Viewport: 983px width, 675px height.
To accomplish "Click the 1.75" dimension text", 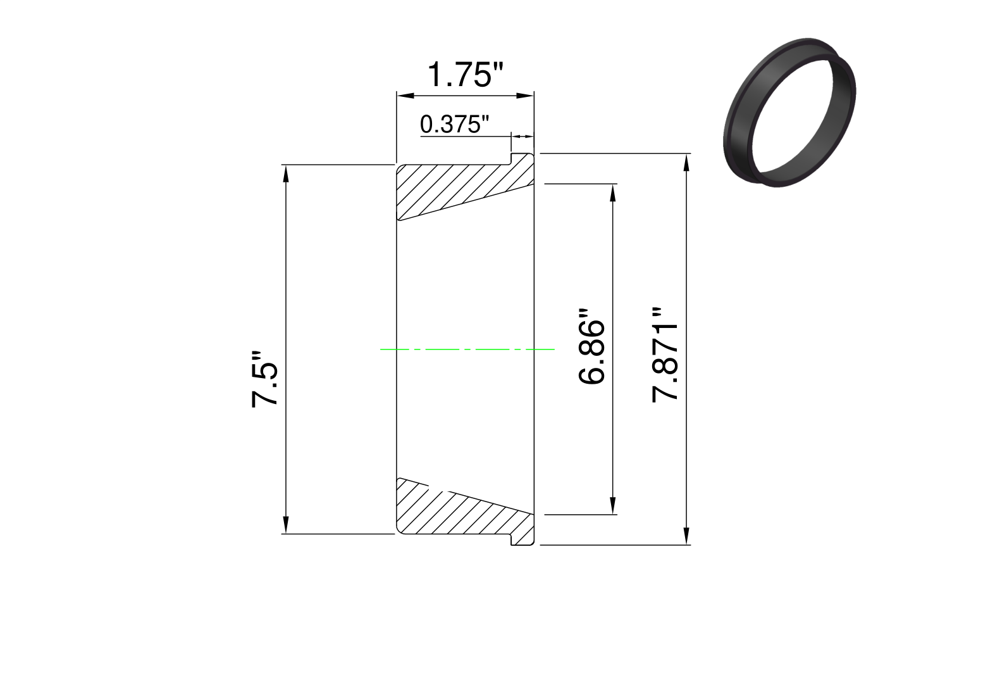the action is pos(465,75).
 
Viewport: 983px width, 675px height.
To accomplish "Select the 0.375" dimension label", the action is pos(454,124).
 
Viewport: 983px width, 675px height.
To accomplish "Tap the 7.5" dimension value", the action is pos(264,379).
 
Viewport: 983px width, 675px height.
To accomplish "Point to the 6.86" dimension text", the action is pos(591,347).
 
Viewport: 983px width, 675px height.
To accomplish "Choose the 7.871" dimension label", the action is pos(665,355).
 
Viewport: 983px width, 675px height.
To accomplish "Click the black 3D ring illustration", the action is pos(789,113).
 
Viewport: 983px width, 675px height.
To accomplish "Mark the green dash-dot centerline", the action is pos(467,349).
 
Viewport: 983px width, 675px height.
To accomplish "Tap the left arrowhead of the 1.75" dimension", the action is pos(405,96).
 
